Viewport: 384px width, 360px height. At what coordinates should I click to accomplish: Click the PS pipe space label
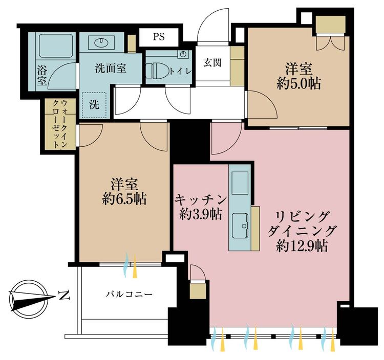[x=159, y=37]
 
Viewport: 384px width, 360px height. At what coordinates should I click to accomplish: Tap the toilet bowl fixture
[x=157, y=71]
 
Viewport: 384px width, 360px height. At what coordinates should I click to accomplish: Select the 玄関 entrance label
[x=212, y=63]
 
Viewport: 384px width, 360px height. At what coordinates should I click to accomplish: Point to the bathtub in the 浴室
[x=56, y=46]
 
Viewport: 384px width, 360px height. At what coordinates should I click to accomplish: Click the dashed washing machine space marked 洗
[x=94, y=105]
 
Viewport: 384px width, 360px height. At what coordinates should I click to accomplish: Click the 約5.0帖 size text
[x=298, y=84]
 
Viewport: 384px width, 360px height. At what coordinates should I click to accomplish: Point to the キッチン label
[x=201, y=200]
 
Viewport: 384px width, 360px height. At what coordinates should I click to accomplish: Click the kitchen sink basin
[x=240, y=226]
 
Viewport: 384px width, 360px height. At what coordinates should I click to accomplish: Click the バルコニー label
[x=129, y=294]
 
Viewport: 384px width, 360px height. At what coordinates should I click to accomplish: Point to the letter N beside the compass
[x=64, y=296]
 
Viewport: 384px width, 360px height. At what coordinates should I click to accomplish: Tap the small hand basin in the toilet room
[x=183, y=54]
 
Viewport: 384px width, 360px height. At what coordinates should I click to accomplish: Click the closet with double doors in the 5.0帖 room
[x=331, y=34]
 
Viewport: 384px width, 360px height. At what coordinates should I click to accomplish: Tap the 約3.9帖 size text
[x=201, y=214]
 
